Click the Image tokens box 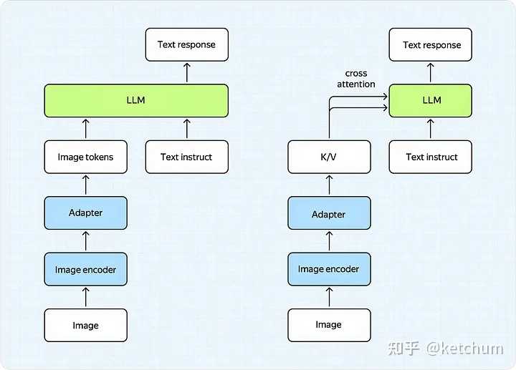(85, 157)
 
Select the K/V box (329, 157)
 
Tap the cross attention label (356, 79)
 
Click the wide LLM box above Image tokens (136, 100)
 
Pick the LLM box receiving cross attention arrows (431, 100)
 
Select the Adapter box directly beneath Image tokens (85, 213)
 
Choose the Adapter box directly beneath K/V (329, 213)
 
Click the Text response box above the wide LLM (187, 44)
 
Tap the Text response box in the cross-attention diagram (431, 44)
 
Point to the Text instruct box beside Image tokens (187, 157)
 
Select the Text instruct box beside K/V (431, 157)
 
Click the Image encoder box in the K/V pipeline (329, 269)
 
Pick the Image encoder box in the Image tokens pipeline (85, 269)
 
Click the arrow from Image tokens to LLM (85, 129)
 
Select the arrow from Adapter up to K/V (329, 185)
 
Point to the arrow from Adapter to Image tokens (85, 185)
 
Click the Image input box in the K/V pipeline (329, 326)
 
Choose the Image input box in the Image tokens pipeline (85, 326)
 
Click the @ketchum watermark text (464, 349)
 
